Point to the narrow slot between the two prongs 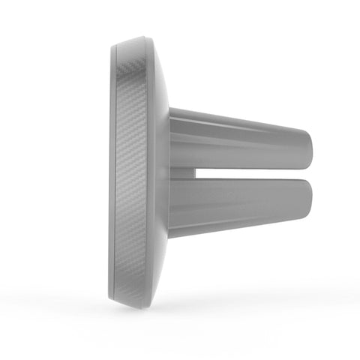247,173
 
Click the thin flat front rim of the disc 112,172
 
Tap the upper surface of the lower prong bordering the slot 247,182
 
